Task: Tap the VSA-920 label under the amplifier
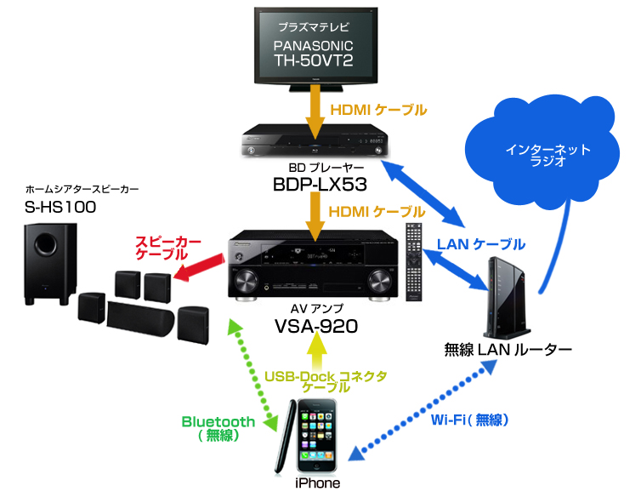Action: [316, 325]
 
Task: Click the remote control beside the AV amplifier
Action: [413, 264]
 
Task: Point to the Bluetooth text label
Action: [218, 421]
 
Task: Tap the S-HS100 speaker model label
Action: [61, 207]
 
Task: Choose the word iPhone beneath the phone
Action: [316, 483]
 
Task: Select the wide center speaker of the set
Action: [140, 316]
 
